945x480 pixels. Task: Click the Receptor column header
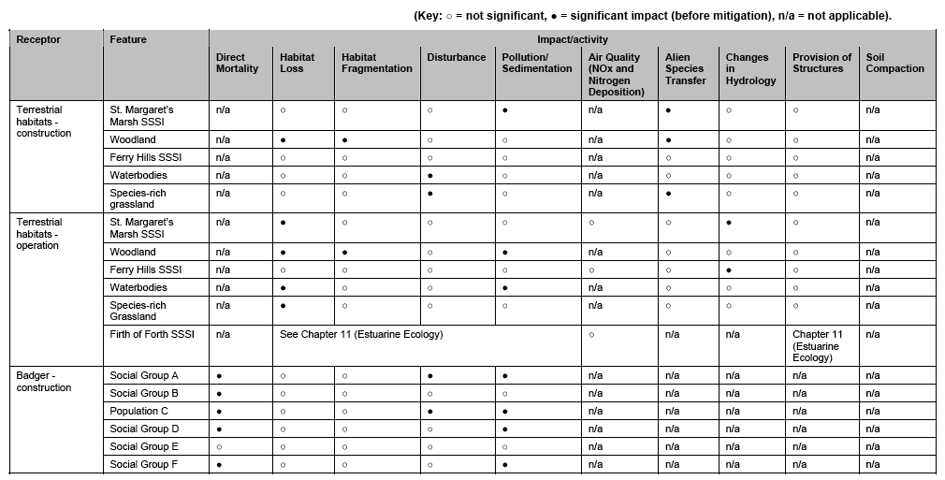38,40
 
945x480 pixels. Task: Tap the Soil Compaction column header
894,63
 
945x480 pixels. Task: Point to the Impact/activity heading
572,40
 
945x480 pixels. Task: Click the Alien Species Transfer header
685,68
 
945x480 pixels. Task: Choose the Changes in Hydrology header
750,68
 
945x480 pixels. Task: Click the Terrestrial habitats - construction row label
44,122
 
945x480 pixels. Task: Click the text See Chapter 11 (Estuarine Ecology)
361,334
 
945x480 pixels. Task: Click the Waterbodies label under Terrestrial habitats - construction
138,175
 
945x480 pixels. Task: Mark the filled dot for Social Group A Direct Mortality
219,375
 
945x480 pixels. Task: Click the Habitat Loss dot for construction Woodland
283,139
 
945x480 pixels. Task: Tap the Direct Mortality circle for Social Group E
219,446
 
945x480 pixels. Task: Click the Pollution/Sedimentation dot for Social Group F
505,464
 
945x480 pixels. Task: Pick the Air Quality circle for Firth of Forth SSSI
591,334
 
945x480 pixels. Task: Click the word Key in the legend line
430,15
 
